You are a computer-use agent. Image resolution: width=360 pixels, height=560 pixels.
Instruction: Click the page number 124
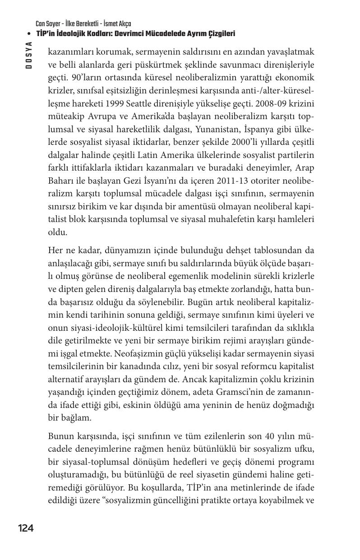[x=26, y=528]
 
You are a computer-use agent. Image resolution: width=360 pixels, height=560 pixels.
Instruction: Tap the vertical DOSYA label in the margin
[x=29, y=55]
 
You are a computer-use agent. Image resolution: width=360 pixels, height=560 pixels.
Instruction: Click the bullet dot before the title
[x=29, y=34]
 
